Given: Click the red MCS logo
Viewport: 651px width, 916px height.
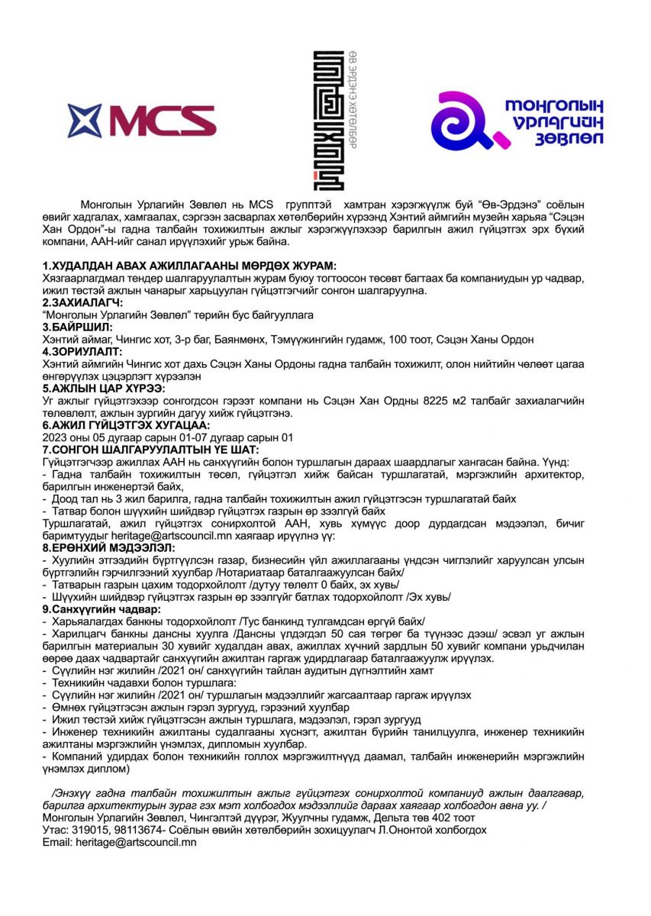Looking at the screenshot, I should coord(142,120).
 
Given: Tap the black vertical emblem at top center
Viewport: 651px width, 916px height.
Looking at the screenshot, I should coord(329,120).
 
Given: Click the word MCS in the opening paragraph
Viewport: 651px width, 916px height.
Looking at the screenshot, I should coord(261,205).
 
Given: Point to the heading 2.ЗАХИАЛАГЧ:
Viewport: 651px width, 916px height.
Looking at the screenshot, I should coord(84,303).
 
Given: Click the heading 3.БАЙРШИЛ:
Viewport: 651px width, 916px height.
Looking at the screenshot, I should coord(77,327).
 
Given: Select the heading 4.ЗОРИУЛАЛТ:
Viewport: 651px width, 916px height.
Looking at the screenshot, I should coord(82,353).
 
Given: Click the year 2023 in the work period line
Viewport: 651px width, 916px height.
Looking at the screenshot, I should coord(56,437).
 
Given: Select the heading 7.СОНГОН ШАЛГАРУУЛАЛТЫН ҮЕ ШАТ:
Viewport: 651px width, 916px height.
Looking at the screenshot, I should coord(150,450).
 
